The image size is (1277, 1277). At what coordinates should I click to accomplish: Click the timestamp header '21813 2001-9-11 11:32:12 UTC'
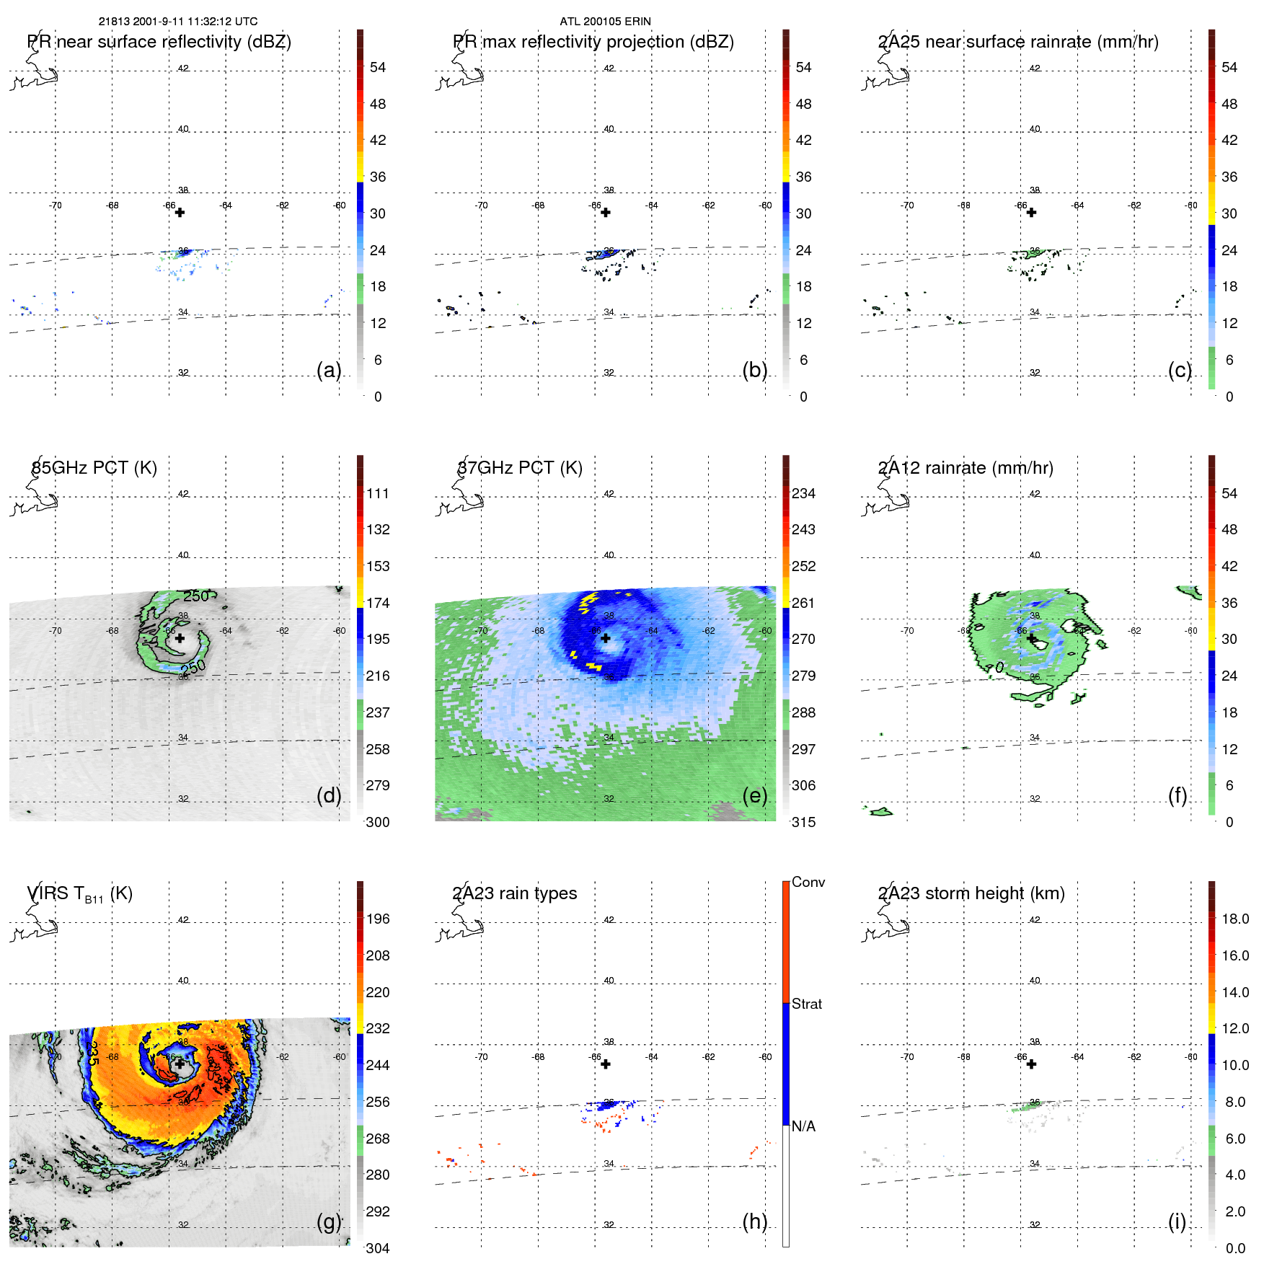[x=178, y=22]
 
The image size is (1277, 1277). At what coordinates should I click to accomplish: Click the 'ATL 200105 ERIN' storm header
[x=605, y=22]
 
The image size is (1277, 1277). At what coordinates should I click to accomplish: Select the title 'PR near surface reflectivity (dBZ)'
[x=159, y=42]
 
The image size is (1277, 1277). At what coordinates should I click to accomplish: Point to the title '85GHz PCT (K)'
[x=94, y=468]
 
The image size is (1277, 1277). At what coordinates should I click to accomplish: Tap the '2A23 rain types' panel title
[x=515, y=893]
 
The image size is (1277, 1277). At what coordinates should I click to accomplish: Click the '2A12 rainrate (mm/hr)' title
[x=966, y=468]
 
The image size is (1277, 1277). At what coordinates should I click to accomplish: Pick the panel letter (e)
[x=754, y=795]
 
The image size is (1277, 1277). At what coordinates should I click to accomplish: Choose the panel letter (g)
[x=329, y=1221]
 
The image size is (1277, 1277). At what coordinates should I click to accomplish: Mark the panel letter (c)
[x=1180, y=370]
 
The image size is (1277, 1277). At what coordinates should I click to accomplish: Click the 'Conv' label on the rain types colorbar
[x=808, y=883]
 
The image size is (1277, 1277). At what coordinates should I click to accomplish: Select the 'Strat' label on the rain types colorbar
[x=807, y=1004]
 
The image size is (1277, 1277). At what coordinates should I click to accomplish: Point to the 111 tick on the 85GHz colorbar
[x=378, y=494]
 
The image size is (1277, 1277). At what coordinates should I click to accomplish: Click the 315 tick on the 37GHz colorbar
[x=804, y=823]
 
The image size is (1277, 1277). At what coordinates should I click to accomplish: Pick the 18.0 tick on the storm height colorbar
[x=1235, y=919]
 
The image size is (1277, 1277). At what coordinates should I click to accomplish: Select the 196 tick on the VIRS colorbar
[x=378, y=919]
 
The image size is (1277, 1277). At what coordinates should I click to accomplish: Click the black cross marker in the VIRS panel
[x=180, y=1064]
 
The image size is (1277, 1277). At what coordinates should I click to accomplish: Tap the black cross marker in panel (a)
[x=180, y=213]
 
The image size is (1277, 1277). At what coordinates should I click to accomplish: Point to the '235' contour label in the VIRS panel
[x=92, y=1053]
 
